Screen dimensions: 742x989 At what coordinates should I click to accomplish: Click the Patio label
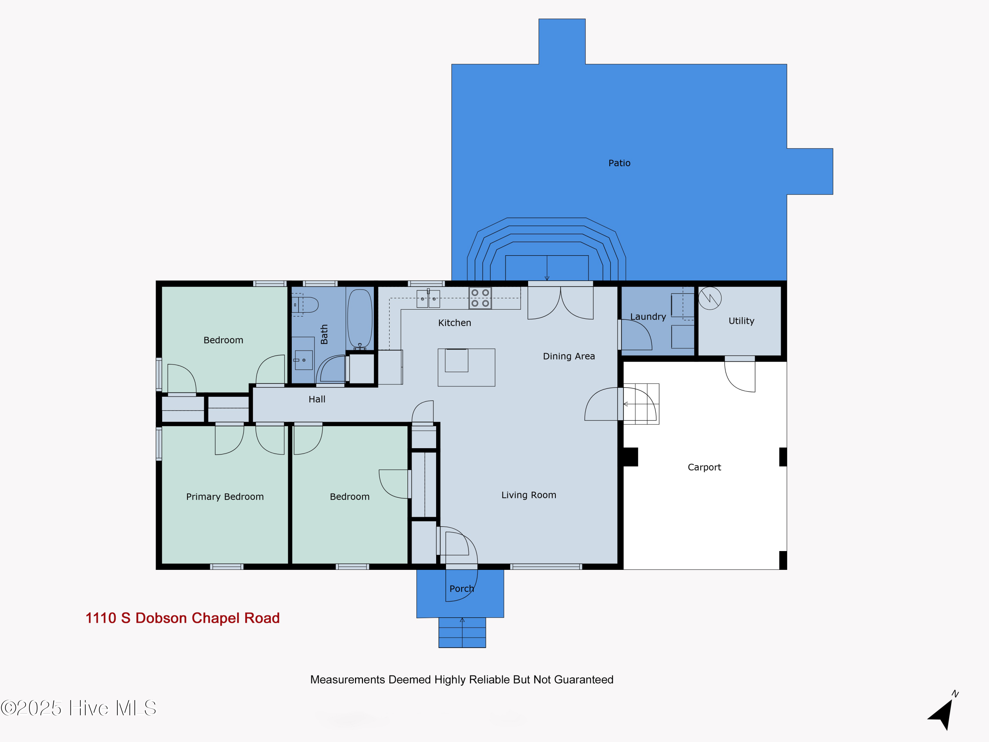(x=619, y=163)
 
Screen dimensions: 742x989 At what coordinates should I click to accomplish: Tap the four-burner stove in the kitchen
(x=480, y=298)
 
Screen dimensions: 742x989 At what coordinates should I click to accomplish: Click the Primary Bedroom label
(x=225, y=496)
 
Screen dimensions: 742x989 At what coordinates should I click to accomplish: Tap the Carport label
(x=704, y=467)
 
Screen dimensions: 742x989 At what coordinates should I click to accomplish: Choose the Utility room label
(x=741, y=321)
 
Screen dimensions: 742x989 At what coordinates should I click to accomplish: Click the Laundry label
(x=648, y=317)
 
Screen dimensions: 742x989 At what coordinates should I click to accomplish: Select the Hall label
(x=316, y=399)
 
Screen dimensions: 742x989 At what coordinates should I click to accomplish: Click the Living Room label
(x=528, y=495)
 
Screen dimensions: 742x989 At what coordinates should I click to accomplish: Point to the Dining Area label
(x=569, y=356)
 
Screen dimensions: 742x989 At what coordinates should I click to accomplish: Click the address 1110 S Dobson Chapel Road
(x=182, y=618)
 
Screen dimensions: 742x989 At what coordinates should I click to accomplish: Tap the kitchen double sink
(x=428, y=298)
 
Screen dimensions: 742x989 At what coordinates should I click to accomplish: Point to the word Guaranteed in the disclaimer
(x=584, y=679)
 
